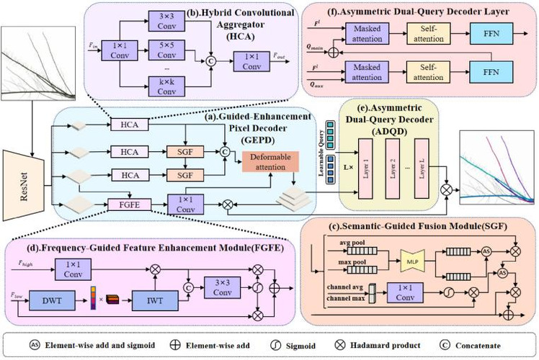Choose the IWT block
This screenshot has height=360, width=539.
pyautogui.click(x=151, y=296)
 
